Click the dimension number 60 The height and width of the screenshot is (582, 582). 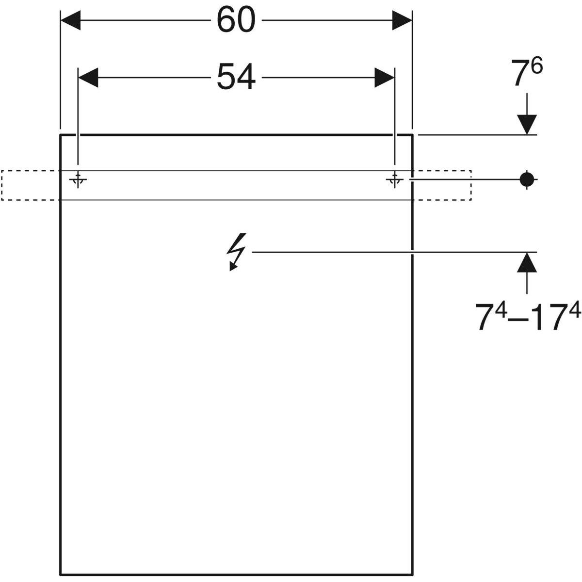[236, 21]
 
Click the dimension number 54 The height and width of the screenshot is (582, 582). [236, 78]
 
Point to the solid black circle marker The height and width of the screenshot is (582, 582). [526, 179]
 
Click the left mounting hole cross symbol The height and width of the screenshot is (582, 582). [78, 180]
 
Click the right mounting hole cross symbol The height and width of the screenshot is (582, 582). [394, 180]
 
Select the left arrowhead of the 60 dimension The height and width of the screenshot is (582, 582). [70, 21]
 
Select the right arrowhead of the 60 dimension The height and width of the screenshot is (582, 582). [402, 21]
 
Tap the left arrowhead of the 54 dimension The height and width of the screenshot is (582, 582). [88, 78]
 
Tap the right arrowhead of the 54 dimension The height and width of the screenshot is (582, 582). [384, 78]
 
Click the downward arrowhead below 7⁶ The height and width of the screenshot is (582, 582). [527, 125]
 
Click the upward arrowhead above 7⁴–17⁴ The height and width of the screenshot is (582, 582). [527, 262]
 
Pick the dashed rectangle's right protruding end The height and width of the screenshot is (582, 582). [441, 185]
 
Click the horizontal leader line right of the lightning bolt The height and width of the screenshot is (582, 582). [388, 252]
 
